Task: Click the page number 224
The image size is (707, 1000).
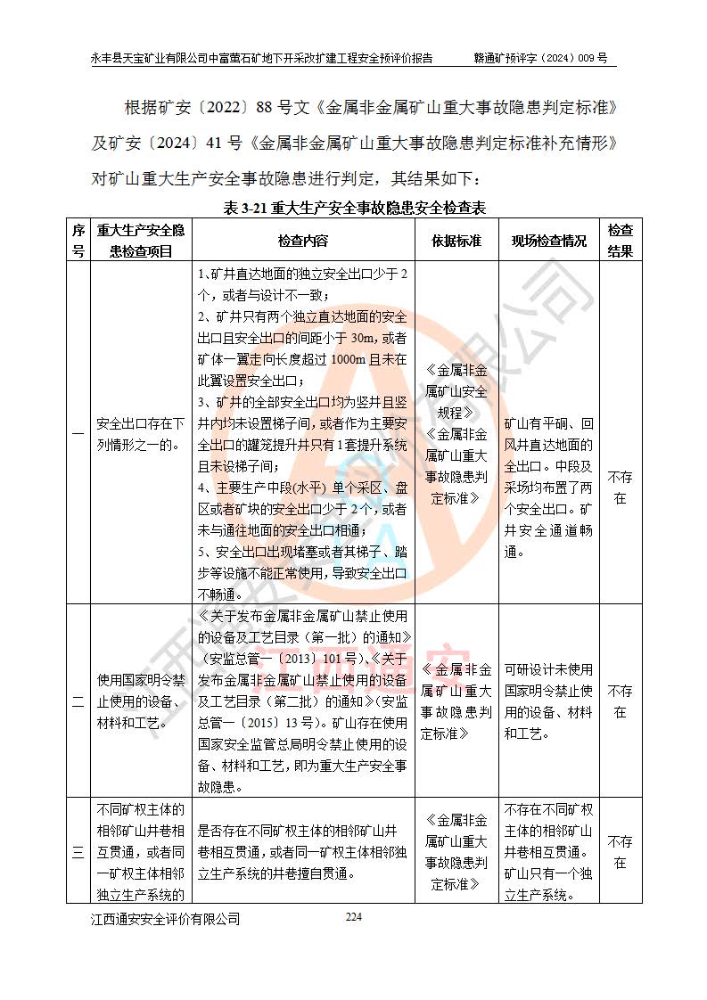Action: click(x=354, y=917)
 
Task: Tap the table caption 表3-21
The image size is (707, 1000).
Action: click(x=353, y=209)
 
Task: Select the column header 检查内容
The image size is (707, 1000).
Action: click(x=302, y=241)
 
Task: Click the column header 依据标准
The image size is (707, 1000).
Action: click(x=456, y=241)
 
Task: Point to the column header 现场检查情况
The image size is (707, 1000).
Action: click(x=548, y=241)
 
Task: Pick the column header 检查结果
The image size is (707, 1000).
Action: click(x=620, y=241)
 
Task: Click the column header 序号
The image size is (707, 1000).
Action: click(x=78, y=241)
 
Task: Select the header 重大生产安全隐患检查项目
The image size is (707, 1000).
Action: click(x=141, y=241)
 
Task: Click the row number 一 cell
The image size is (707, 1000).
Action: click(x=78, y=432)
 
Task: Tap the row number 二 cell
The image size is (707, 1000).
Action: click(x=78, y=701)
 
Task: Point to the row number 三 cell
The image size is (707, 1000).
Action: click(x=78, y=852)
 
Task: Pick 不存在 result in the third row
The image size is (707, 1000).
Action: click(x=620, y=852)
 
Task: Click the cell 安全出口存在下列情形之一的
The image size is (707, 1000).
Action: click(x=141, y=432)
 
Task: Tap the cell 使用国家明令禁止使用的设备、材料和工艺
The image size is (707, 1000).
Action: click(x=141, y=701)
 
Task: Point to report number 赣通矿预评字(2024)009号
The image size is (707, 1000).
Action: click(x=541, y=58)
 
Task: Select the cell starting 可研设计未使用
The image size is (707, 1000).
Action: click(x=548, y=701)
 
